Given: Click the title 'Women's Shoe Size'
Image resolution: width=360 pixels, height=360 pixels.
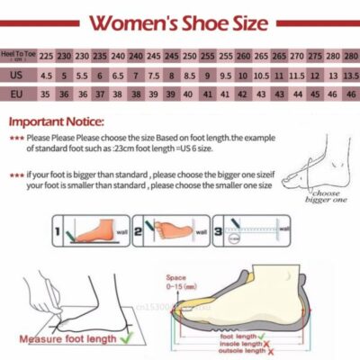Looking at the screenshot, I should [180, 21].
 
